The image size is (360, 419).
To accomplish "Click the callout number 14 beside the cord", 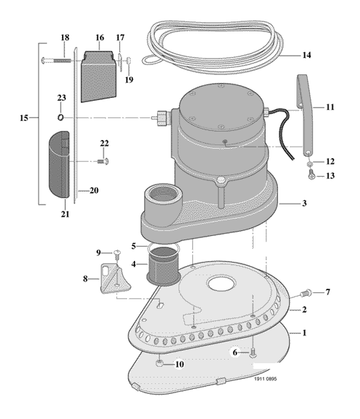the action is pos(306,55).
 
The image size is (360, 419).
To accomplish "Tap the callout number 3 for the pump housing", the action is pos(304,203).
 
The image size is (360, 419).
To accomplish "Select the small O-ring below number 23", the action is pos(61,117).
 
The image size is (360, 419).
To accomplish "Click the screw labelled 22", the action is pos(104,162).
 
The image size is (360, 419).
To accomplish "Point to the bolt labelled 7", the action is pos(306,293).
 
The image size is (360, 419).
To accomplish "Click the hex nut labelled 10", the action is pos(159,363).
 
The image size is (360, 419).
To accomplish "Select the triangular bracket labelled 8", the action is pos(115,278).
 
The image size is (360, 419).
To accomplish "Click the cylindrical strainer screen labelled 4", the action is pos(163,266).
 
